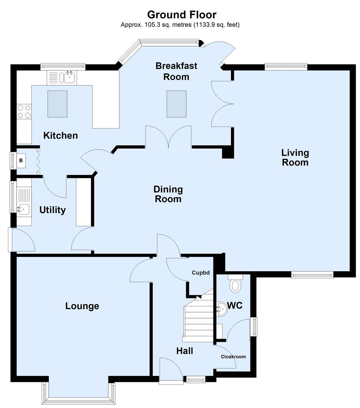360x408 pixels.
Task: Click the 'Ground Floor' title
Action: pyautogui.click(x=181, y=15)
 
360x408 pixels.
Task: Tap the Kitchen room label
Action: pyautogui.click(x=60, y=135)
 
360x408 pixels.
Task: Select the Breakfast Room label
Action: pyautogui.click(x=176, y=71)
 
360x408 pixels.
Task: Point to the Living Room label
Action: pyautogui.click(x=295, y=158)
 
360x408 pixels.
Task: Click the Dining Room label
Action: pyautogui.click(x=168, y=194)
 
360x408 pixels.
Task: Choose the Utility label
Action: pyautogui.click(x=53, y=210)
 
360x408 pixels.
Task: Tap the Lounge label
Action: pyautogui.click(x=82, y=306)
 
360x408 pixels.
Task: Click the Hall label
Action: pyautogui.click(x=184, y=351)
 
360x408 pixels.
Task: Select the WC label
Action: pyautogui.click(x=235, y=306)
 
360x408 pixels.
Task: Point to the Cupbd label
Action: pyautogui.click(x=200, y=272)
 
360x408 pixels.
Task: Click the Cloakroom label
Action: pyautogui.click(x=233, y=357)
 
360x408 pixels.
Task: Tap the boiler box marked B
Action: pyautogui.click(x=21, y=160)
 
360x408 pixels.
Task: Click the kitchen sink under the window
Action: pyautogui.click(x=69, y=78)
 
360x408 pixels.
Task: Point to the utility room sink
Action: pyautogui.click(x=23, y=208)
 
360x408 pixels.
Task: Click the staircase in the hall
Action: pyautogui.click(x=198, y=317)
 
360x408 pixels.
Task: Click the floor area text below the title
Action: pyautogui.click(x=180, y=25)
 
